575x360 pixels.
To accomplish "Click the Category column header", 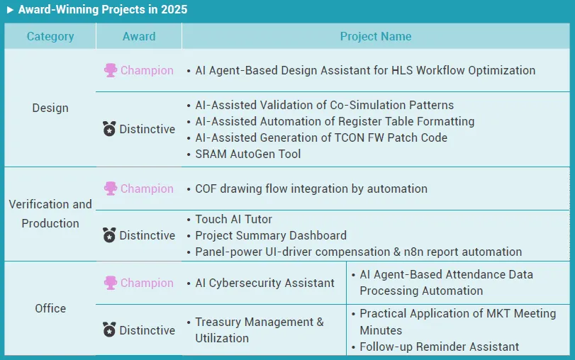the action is coord(50,36).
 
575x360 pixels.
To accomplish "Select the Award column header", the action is coord(139,36).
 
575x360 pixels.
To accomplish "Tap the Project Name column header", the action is coord(376,36).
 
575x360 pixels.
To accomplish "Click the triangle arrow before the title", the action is coord(10,9).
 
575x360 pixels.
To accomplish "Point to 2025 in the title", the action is coord(174,9).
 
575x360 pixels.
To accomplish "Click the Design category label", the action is coord(50,108).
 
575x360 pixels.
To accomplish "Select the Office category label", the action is coord(50,308).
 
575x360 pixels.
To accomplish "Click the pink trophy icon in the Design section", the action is coord(111,70).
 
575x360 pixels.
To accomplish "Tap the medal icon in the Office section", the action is coord(109,330).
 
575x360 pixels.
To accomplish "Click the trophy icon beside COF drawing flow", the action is coord(111,189).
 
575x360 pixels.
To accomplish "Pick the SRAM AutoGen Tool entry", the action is coord(248,154).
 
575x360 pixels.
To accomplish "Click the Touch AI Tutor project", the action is coord(233,219).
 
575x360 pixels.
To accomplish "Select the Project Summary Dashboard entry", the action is coord(271,235).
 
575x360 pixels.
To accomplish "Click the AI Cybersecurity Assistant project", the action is coord(264,283).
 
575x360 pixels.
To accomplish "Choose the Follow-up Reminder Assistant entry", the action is coord(440,347).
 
